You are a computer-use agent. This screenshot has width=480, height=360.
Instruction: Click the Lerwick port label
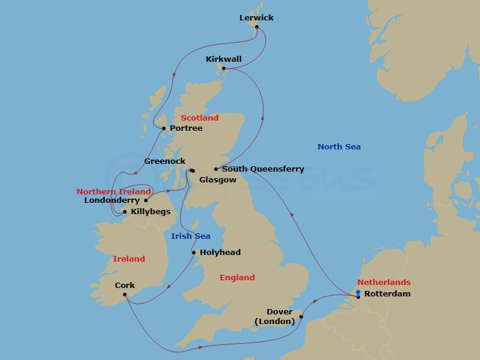[x=256, y=17]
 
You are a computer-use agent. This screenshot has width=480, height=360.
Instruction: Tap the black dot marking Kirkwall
[x=224, y=68]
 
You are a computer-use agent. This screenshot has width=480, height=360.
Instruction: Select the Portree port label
[x=186, y=128]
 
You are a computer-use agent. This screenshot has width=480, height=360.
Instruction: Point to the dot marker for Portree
[x=164, y=128]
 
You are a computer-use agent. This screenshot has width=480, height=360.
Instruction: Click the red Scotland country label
[x=200, y=118]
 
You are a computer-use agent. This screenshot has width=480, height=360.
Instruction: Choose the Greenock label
[x=165, y=161]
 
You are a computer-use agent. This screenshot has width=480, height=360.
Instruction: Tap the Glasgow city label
[x=218, y=180]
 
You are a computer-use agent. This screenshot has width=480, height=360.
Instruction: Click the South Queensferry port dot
[x=216, y=169]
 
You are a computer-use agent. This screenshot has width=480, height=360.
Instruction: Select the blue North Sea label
[x=339, y=146]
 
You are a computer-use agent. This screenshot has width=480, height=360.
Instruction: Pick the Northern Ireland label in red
[x=113, y=191]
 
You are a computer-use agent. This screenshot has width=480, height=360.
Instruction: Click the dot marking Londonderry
[x=145, y=200]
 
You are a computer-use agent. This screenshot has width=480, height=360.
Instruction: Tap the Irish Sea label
[x=191, y=236]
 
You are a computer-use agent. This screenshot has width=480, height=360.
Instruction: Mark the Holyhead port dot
[x=194, y=253]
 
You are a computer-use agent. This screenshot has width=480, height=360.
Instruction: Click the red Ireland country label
[x=129, y=259]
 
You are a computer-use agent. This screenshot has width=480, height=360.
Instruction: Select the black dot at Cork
[x=124, y=294]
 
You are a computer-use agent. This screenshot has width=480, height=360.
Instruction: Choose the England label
[x=237, y=277]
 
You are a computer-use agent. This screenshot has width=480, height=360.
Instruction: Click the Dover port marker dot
[x=301, y=317]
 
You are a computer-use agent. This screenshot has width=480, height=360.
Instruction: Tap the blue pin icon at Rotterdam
[x=358, y=292]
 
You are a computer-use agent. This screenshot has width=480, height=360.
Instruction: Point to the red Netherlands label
[x=384, y=282]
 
